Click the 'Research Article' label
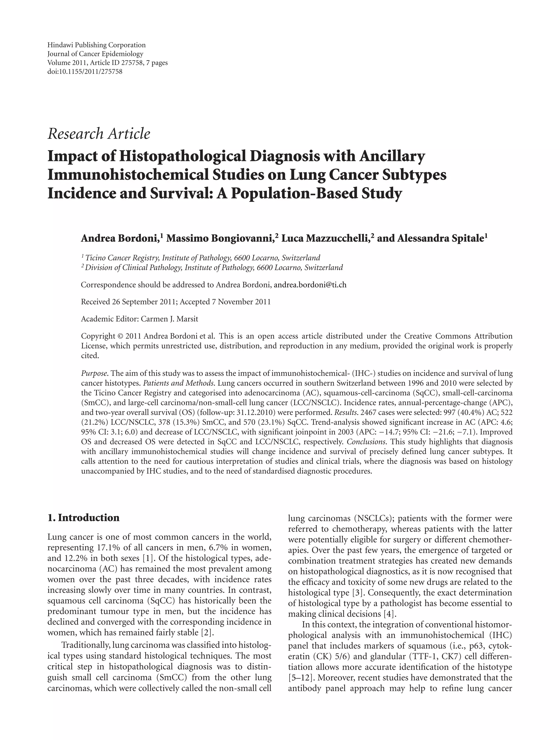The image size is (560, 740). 99,134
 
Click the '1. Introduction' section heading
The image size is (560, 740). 83,517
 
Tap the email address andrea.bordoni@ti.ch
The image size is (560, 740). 310,285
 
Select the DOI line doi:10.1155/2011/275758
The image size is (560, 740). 85,71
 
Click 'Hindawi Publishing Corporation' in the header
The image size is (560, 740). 97,45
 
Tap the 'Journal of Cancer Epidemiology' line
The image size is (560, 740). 95,54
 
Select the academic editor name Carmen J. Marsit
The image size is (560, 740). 170,319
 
